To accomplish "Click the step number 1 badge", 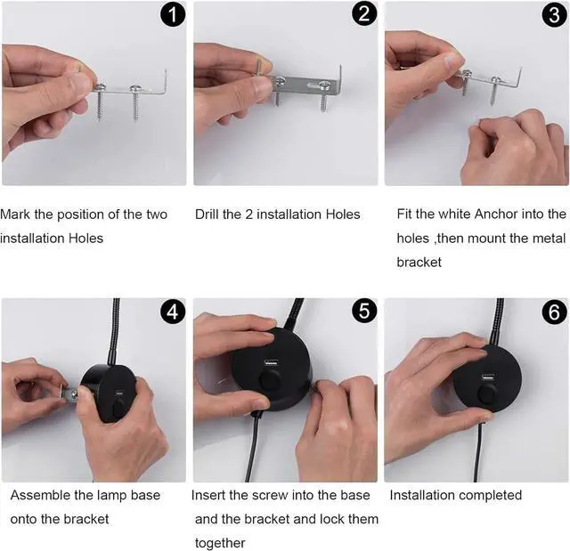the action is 173,15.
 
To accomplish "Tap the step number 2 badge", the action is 364,14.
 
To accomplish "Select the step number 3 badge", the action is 554,15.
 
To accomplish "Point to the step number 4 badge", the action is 172,312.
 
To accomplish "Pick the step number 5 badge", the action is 364,311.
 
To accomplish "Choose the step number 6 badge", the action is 554,312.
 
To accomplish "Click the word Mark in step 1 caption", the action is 15,215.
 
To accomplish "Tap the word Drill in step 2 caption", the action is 207,215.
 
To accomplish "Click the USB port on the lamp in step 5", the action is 271,362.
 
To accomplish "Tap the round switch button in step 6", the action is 486,395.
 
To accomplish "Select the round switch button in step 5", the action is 270,380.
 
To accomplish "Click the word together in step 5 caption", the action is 220,543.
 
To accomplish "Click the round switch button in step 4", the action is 118,409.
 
